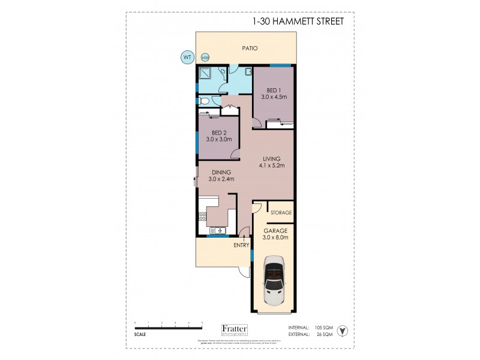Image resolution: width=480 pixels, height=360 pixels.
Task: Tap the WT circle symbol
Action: (x=187, y=58)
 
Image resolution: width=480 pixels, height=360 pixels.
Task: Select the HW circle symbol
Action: (x=205, y=58)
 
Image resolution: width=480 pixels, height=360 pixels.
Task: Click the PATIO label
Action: (x=250, y=49)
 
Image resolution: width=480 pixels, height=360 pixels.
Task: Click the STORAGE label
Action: (x=281, y=213)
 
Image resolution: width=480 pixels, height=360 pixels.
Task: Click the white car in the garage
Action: (x=275, y=281)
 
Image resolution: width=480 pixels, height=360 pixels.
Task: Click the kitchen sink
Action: (x=217, y=230)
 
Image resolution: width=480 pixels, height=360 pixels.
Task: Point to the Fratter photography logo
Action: (x=239, y=329)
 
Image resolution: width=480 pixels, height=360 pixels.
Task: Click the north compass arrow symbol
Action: (x=343, y=329)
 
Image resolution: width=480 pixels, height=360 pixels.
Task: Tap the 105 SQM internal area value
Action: (x=323, y=328)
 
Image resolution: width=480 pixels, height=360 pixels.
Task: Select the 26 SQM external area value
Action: (x=323, y=334)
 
